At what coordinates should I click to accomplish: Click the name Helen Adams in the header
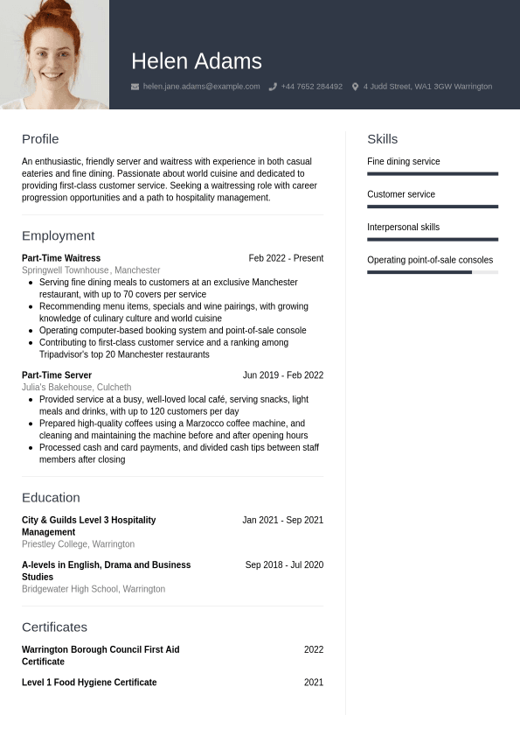tap(196, 61)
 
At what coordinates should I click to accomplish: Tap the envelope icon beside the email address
tap(135, 87)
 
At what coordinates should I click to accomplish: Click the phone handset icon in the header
tap(273, 87)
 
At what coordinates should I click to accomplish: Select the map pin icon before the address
tap(355, 87)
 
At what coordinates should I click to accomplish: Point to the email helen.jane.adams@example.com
tap(201, 87)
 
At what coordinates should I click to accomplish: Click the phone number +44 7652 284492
tap(311, 87)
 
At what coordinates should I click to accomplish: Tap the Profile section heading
tap(40, 139)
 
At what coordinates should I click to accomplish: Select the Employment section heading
tap(58, 235)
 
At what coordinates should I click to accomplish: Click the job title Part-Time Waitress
tap(61, 258)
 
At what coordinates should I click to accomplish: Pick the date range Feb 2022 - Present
tap(286, 258)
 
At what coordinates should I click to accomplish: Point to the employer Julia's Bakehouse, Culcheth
tap(76, 388)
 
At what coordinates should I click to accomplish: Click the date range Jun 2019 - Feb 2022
tap(282, 375)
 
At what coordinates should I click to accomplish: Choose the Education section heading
tap(51, 497)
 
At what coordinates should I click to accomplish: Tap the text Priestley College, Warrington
tap(78, 544)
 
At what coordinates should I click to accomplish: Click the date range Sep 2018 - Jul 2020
tap(284, 565)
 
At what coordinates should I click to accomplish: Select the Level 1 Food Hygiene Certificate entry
tap(89, 683)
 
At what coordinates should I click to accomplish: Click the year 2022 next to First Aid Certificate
tap(313, 650)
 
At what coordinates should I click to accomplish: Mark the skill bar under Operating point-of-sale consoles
tap(432, 272)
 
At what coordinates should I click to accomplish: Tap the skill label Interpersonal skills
tap(403, 228)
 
